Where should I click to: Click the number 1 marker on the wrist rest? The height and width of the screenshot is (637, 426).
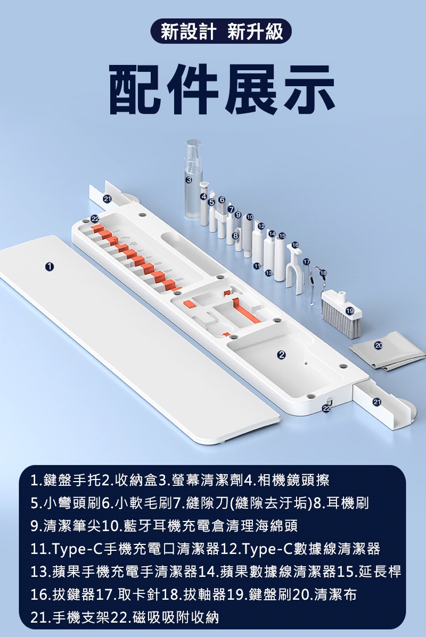coord(49,267)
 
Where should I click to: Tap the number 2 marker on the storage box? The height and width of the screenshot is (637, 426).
coord(281,354)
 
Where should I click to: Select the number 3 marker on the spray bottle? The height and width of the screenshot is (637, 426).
coord(188,179)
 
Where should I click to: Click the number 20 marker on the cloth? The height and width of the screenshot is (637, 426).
coord(379,346)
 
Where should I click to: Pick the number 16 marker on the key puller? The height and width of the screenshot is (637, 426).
coord(295,245)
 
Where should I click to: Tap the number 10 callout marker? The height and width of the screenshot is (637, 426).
coord(250,217)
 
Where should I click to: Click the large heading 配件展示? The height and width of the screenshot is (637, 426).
coord(222,90)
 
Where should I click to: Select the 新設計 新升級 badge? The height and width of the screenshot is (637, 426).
coord(221,31)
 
